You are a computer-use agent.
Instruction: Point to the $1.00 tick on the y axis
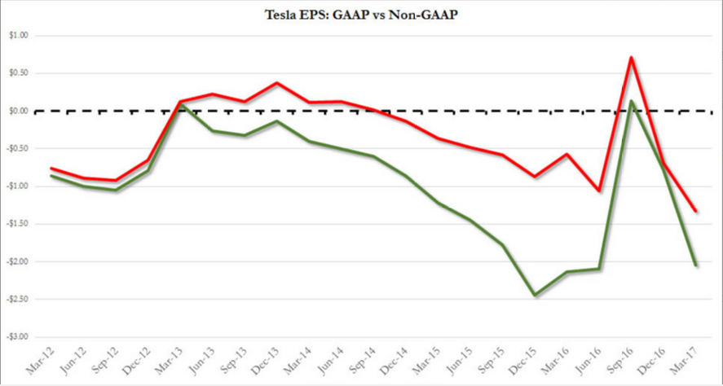coord(17,36)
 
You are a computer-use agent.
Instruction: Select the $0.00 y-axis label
coord(17,111)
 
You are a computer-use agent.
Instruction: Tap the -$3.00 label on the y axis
coord(16,336)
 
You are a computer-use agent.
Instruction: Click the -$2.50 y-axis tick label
coord(16,299)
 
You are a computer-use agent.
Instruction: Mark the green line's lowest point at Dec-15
coord(536,295)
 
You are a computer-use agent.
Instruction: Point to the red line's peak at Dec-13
coord(277,83)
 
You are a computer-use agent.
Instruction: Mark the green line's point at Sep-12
coord(116,190)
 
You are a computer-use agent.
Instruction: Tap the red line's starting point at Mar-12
coord(51,168)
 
